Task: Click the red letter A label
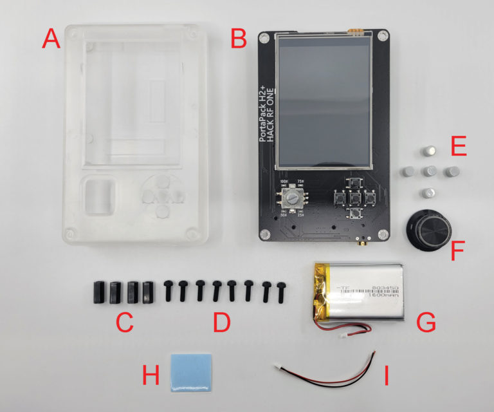(x=51, y=40)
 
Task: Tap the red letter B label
(x=239, y=40)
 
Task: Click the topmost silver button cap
(x=427, y=151)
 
